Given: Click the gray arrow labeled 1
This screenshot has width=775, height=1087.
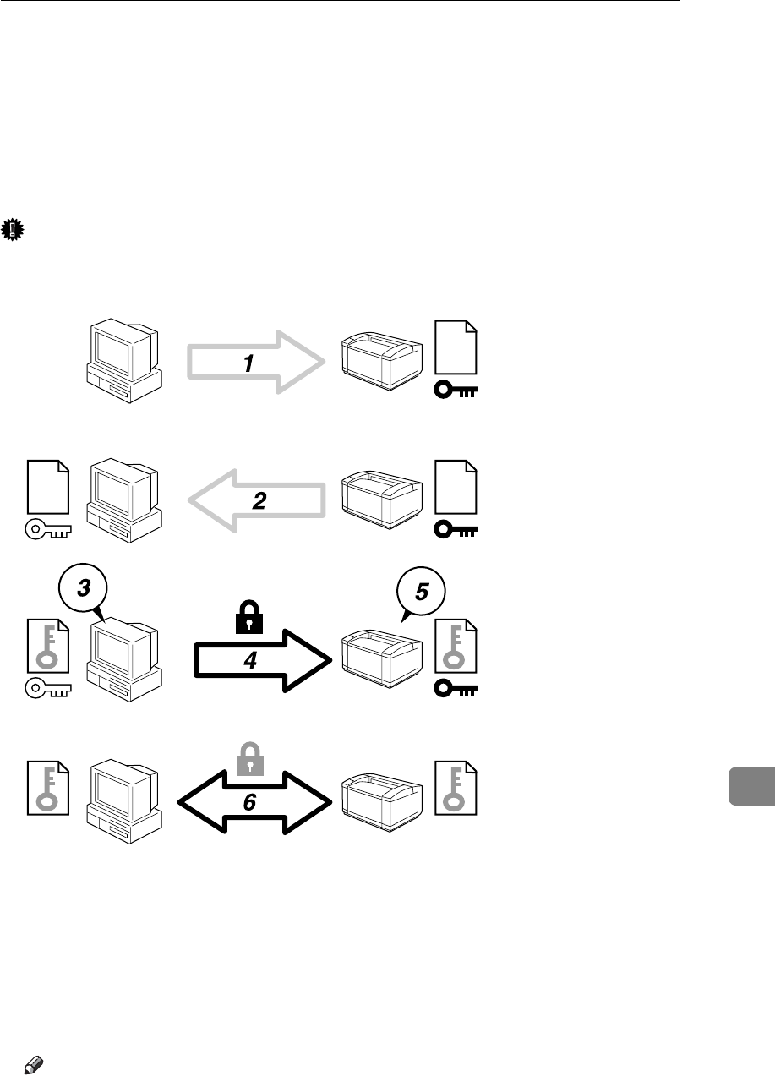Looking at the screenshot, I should (x=254, y=363).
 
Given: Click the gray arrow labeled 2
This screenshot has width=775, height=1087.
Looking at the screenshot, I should (x=258, y=502).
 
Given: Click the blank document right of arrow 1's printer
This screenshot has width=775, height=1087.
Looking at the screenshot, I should (x=456, y=347).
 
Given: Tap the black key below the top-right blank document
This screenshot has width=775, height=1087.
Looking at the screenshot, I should (x=456, y=391).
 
